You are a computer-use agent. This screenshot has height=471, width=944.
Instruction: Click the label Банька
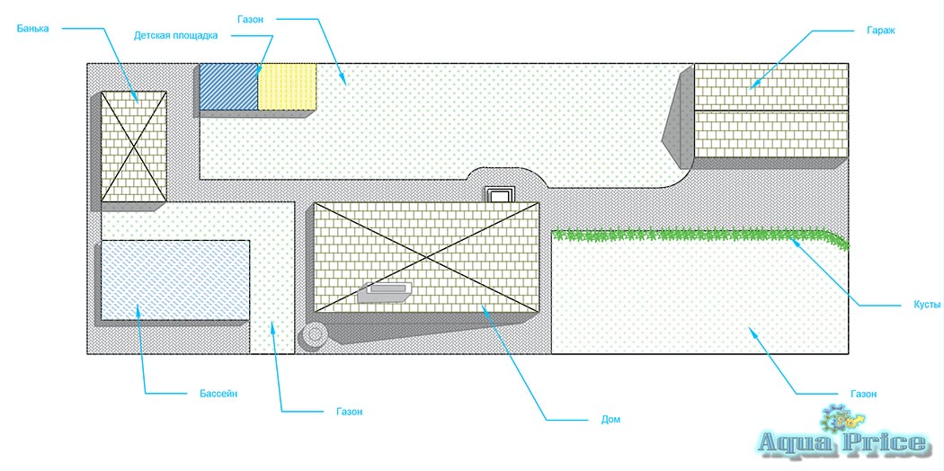click(32, 29)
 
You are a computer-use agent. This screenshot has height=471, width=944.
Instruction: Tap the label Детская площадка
click(175, 36)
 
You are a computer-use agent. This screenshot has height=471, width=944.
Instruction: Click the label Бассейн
click(218, 394)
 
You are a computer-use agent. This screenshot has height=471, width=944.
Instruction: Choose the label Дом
click(611, 420)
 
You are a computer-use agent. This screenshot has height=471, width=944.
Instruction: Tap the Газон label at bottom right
click(863, 394)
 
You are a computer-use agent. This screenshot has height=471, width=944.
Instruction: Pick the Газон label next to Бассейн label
click(350, 412)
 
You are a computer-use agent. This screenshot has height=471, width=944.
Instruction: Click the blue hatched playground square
click(228, 87)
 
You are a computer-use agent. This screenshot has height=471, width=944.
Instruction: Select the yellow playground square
click(288, 87)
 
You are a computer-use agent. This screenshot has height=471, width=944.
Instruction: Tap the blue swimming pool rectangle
click(175, 280)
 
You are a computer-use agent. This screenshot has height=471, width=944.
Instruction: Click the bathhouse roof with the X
click(133, 146)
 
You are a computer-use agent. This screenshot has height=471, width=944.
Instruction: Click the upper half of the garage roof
click(771, 86)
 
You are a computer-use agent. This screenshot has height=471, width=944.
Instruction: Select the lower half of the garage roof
click(771, 133)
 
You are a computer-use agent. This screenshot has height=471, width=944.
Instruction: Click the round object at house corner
click(314, 334)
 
